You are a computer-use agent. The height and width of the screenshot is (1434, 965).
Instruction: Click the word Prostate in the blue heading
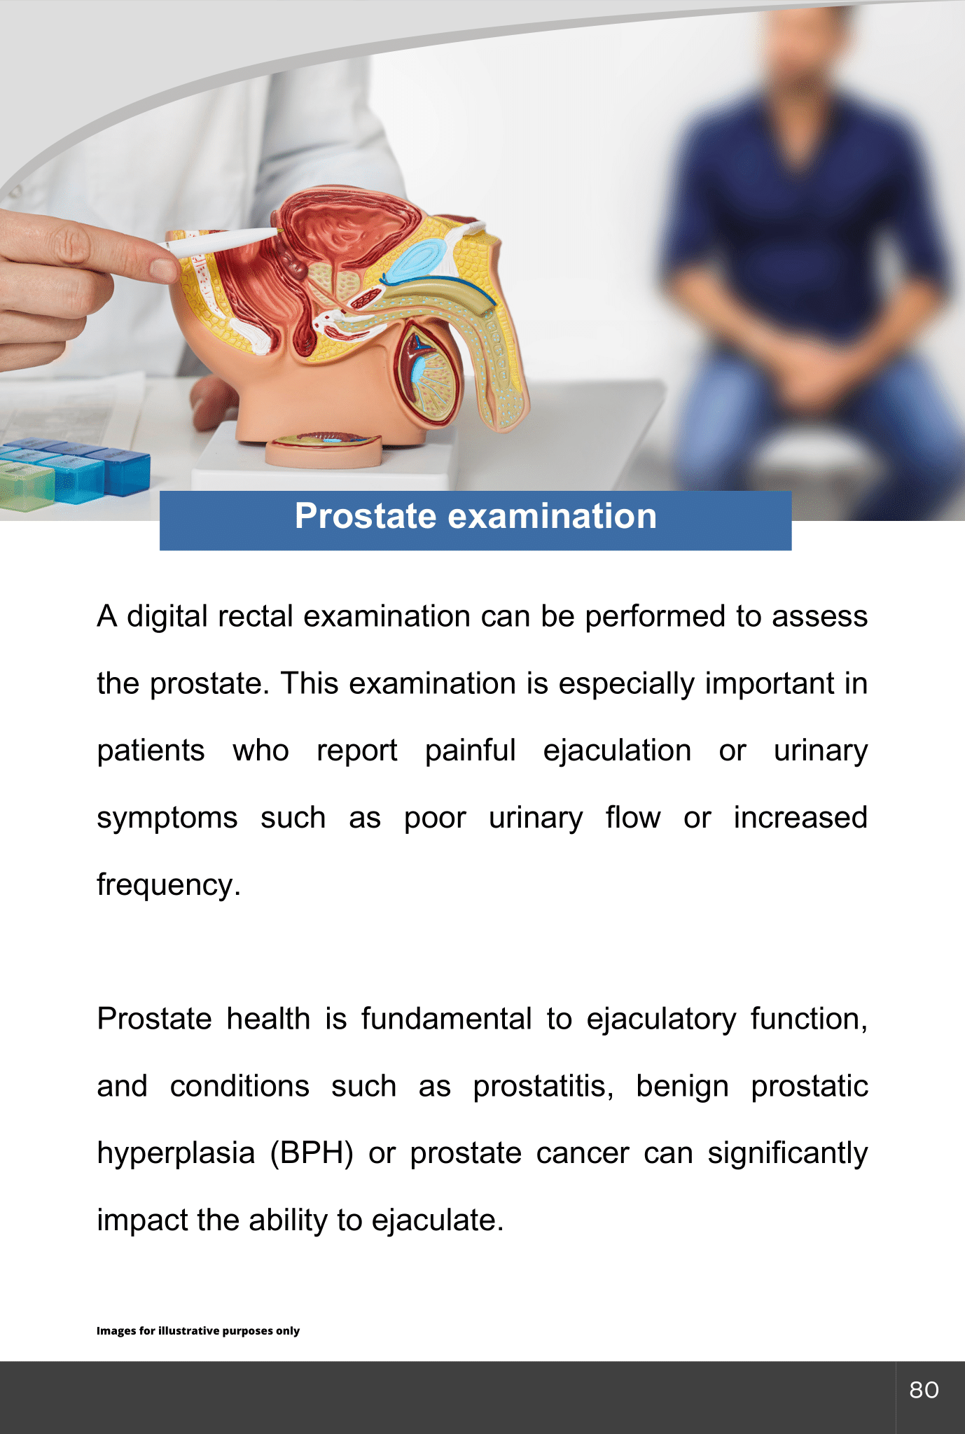(366, 517)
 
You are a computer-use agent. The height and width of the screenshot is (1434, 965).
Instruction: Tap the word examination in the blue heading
(552, 517)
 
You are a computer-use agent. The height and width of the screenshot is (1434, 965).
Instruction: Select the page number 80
(924, 1390)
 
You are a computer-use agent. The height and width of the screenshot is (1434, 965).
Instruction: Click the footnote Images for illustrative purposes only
(198, 1330)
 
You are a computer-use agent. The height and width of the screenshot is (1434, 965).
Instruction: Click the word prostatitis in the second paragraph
(543, 1086)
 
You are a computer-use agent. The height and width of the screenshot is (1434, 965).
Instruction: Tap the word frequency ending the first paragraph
(168, 885)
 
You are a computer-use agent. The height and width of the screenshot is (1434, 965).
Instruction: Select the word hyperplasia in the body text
(176, 1154)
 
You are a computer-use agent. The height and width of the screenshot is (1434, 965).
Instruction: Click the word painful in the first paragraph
(470, 751)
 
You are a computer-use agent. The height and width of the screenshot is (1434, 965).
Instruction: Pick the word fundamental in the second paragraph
(447, 1019)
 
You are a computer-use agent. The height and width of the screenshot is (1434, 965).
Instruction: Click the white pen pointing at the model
(221, 240)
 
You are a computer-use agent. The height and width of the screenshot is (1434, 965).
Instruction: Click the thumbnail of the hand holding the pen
(165, 270)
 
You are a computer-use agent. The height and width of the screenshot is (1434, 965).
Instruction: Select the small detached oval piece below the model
(324, 450)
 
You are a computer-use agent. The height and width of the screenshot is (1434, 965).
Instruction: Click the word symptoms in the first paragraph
(167, 818)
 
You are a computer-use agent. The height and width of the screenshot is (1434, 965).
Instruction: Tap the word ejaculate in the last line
(438, 1220)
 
